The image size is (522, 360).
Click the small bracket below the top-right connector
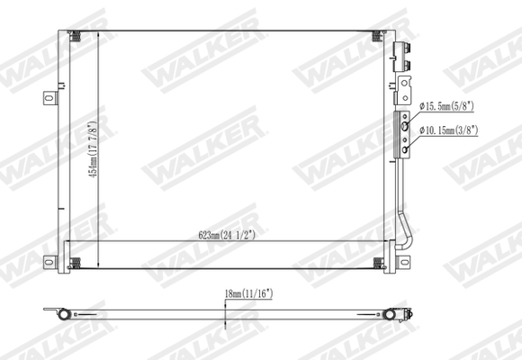397,87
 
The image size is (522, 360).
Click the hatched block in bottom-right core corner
380,263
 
